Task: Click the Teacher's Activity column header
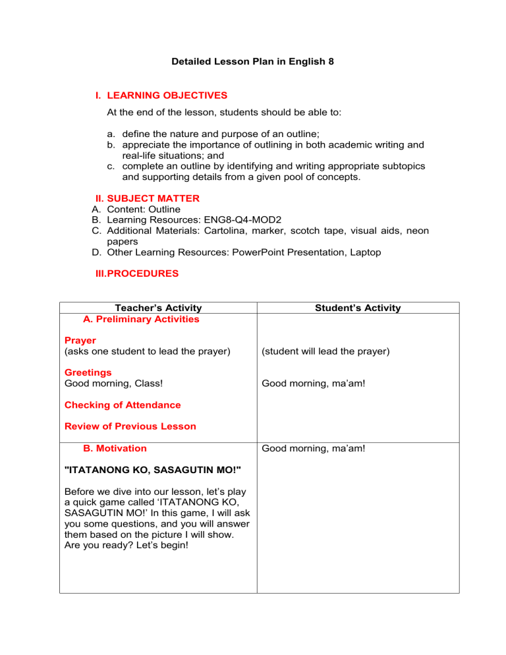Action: pos(158,308)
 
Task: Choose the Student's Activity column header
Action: pos(358,308)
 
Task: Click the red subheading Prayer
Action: pos(80,341)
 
